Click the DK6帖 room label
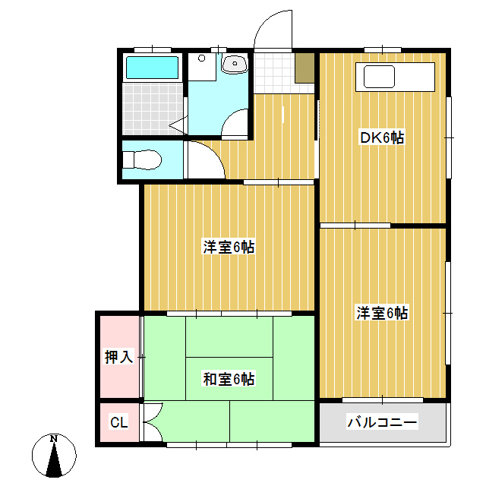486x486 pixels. tap(382, 137)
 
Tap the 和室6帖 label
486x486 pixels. tap(229, 379)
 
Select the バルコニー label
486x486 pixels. tap(382, 422)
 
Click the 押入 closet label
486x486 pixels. tap(119, 356)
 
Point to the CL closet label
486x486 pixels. tap(119, 422)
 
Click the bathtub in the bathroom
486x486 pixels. tap(152, 68)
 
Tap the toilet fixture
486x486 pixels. tap(142, 160)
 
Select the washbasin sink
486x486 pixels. tap(235, 64)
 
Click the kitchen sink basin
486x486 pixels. tap(379, 77)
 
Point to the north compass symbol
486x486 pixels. tap(54, 456)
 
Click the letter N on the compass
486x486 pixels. tap(54, 439)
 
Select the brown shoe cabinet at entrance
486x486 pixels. tap(305, 68)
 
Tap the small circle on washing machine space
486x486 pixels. tap(201, 58)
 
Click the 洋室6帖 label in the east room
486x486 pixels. tap(382, 313)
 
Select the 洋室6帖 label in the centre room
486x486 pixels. tap(229, 247)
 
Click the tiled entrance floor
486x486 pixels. tap(274, 73)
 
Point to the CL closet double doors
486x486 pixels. tap(151, 422)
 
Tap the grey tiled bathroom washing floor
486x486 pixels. tap(153, 109)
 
